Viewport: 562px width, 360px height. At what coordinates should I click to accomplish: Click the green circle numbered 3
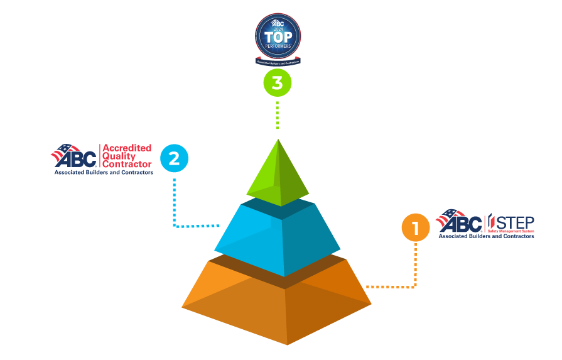click(x=277, y=82)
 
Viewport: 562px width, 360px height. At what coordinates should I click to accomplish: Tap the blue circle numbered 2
click(x=174, y=158)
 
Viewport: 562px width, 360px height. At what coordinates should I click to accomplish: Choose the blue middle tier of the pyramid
click(x=278, y=239)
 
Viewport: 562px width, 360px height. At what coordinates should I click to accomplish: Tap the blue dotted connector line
click(x=174, y=201)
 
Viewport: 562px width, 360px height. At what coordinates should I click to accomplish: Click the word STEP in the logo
click(x=514, y=222)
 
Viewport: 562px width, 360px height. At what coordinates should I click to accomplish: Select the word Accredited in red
click(x=127, y=148)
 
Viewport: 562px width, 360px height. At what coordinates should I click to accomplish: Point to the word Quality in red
click(x=119, y=156)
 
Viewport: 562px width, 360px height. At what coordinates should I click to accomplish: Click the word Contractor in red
click(x=127, y=165)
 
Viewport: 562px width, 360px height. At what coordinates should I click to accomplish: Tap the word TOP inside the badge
click(x=278, y=38)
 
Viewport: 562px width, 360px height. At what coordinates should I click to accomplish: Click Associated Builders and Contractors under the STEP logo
click(x=486, y=237)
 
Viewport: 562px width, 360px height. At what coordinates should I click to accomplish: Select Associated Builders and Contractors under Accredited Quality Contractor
click(x=104, y=172)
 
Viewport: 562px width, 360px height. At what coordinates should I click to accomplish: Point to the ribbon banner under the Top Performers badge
click(x=278, y=62)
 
